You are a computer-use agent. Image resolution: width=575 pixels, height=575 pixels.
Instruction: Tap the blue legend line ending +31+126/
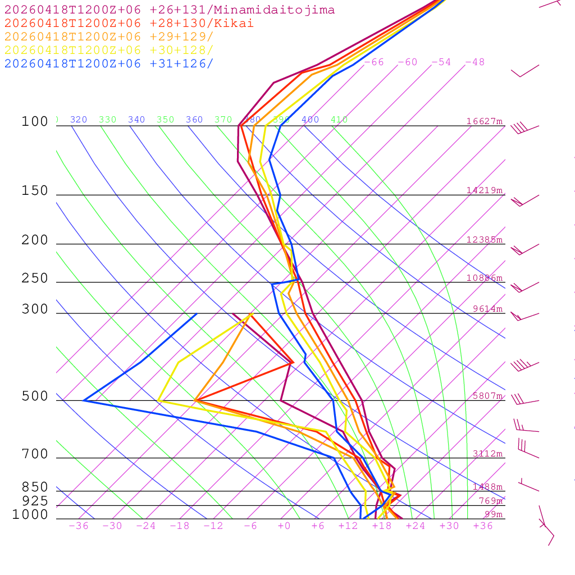109,63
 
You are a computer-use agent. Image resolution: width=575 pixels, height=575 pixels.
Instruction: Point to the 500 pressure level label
35,396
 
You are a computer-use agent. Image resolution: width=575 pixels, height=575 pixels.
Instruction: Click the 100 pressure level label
35,121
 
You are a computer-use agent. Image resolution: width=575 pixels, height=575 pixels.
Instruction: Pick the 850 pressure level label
35,487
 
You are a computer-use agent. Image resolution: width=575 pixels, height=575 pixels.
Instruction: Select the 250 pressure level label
35,279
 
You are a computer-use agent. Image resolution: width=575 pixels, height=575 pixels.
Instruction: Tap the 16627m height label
485,121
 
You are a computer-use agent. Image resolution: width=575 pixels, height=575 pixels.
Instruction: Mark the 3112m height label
488,454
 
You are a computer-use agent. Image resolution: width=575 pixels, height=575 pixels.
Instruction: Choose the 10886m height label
485,278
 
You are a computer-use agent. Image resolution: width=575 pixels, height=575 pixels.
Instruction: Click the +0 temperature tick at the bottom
284,526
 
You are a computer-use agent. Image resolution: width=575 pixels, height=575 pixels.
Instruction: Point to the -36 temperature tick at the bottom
79,526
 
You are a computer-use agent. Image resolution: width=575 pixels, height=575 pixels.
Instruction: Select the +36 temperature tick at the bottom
483,526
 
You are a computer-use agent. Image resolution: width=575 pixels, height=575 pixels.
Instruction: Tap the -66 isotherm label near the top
374,62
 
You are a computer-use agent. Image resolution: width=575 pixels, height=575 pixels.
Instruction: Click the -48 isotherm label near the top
474,62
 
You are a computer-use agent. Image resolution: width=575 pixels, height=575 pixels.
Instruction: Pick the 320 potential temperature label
79,120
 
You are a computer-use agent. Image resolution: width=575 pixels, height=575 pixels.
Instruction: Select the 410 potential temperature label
339,120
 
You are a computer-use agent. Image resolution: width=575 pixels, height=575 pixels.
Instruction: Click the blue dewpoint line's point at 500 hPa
84,400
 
